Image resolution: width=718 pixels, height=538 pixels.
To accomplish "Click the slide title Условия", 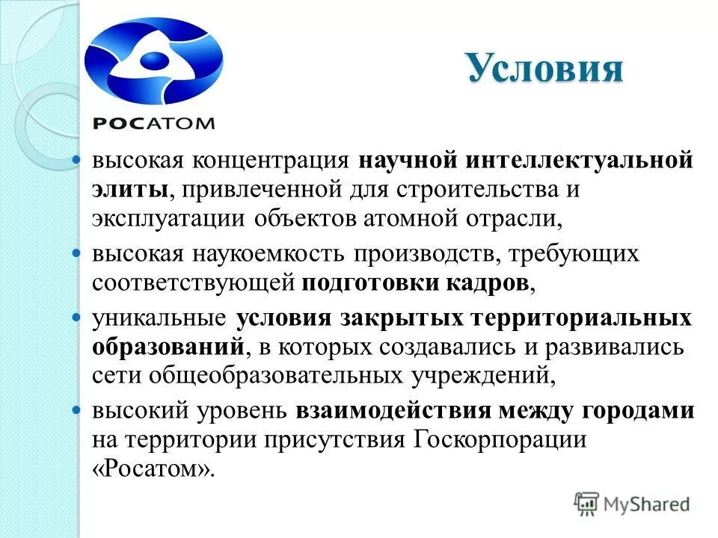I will pyautogui.click(x=544, y=69).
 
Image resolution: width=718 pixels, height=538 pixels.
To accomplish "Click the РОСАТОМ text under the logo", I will pyautogui.click(x=154, y=123).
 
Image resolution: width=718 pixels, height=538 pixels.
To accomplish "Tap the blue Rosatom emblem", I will pyautogui.click(x=153, y=63).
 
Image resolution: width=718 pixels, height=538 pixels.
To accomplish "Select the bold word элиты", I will pyautogui.click(x=129, y=191).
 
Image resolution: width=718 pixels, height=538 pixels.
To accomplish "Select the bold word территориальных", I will pyautogui.click(x=580, y=319).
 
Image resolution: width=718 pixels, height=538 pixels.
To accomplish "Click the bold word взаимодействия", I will pyautogui.click(x=393, y=412).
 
